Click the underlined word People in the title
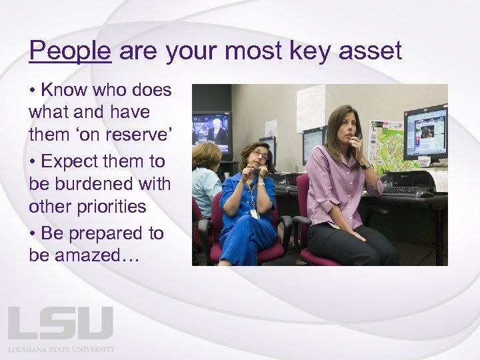[69, 51]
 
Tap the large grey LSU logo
[61, 323]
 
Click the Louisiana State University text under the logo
[61, 349]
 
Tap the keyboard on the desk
[407, 191]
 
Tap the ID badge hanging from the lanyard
[255, 213]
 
